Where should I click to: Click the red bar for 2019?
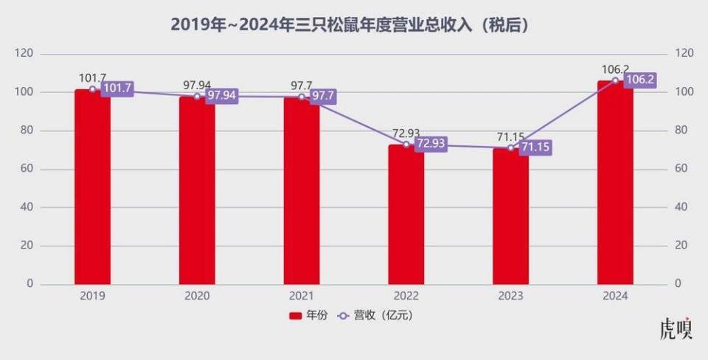[92, 188]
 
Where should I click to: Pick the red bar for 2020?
[197, 191]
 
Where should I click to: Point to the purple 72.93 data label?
[431, 144]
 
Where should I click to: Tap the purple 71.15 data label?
[535, 148]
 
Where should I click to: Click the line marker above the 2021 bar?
[302, 97]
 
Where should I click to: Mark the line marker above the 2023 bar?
[510, 148]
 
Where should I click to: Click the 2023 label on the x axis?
[510, 297]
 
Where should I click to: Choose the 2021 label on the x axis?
[302, 297]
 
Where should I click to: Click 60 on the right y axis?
[683, 169]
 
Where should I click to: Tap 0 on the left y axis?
[29, 284]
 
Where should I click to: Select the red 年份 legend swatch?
[294, 316]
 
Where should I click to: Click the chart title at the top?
[353, 24]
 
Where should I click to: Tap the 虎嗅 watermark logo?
[676, 329]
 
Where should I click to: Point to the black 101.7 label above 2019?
[93, 77]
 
